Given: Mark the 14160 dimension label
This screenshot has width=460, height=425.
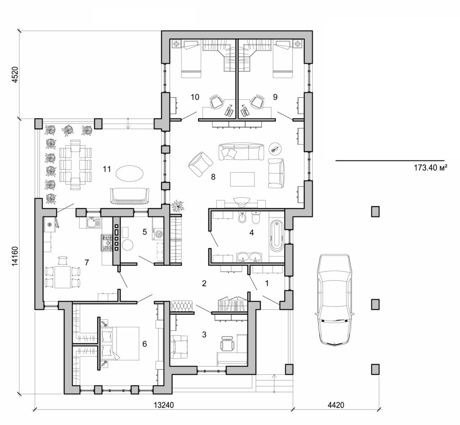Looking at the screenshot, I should [14, 256].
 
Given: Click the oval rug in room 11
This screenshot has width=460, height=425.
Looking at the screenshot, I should [129, 172].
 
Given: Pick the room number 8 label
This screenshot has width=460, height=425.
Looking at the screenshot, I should [213, 177].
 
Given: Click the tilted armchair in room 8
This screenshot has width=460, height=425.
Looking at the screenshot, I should [200, 164].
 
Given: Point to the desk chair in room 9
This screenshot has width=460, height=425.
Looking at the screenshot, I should [258, 102].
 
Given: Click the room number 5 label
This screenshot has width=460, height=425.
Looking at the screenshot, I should [144, 232].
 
